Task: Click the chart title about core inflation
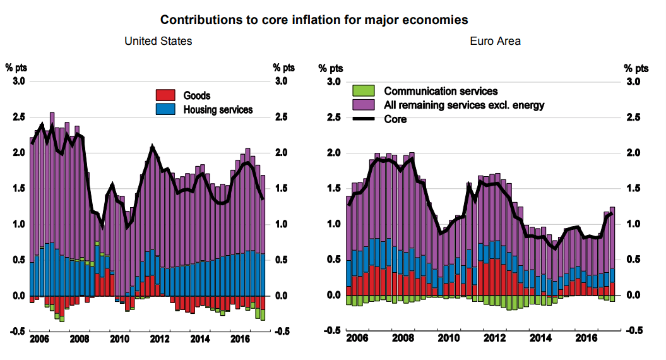point(314,20)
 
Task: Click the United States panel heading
point(158,41)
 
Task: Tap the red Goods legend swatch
point(164,95)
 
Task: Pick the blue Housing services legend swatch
point(164,109)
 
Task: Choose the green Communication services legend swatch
point(364,91)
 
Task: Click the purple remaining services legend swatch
point(364,105)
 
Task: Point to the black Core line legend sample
point(364,118)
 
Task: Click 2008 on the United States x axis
point(80,339)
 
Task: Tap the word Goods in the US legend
point(197,96)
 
